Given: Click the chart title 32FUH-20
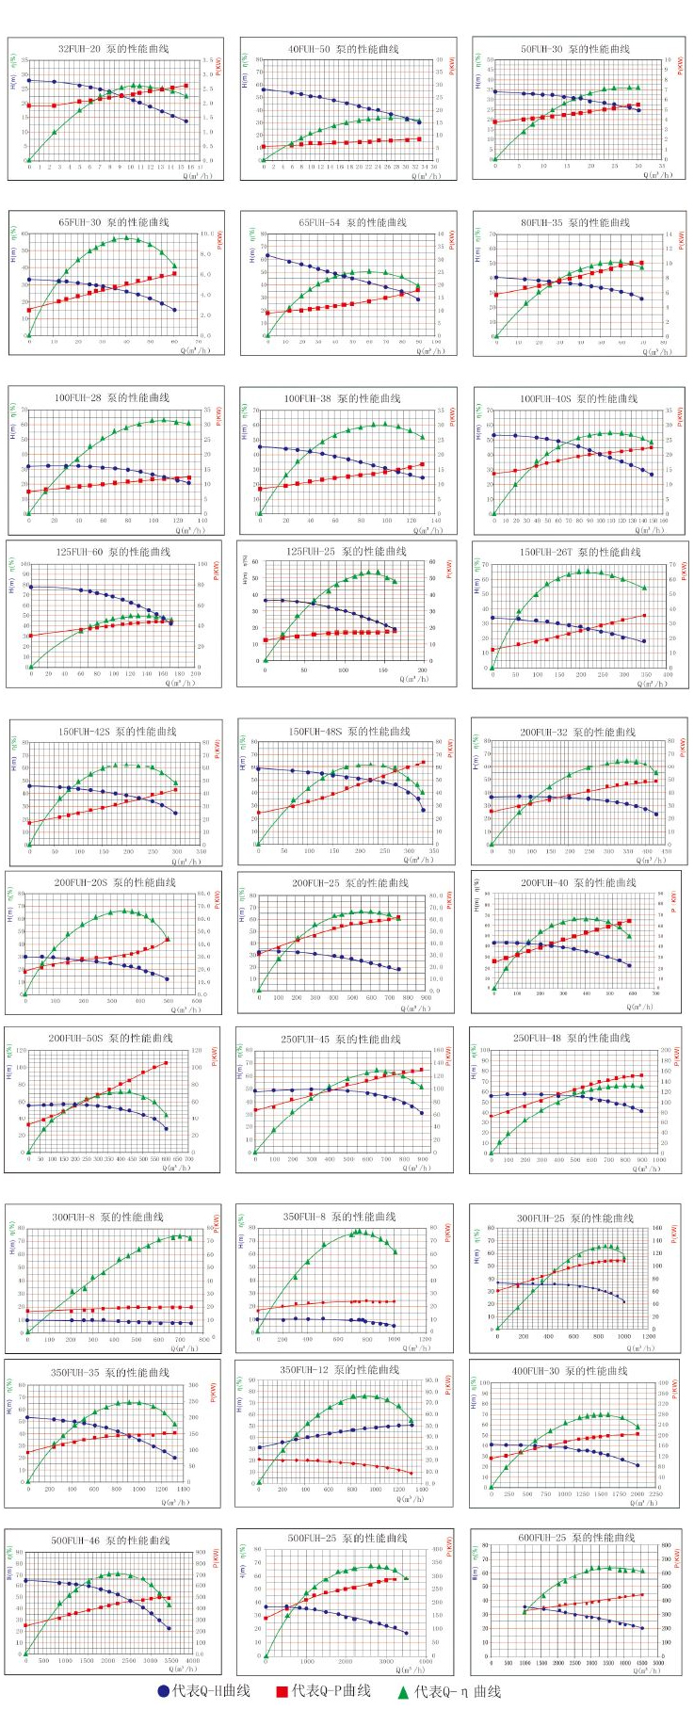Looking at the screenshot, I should [113, 49].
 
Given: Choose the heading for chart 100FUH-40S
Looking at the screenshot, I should [578, 398].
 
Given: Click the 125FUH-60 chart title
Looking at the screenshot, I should [113, 552].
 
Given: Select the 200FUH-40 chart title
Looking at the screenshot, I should [578, 882].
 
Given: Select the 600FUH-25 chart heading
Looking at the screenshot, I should [576, 1538].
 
